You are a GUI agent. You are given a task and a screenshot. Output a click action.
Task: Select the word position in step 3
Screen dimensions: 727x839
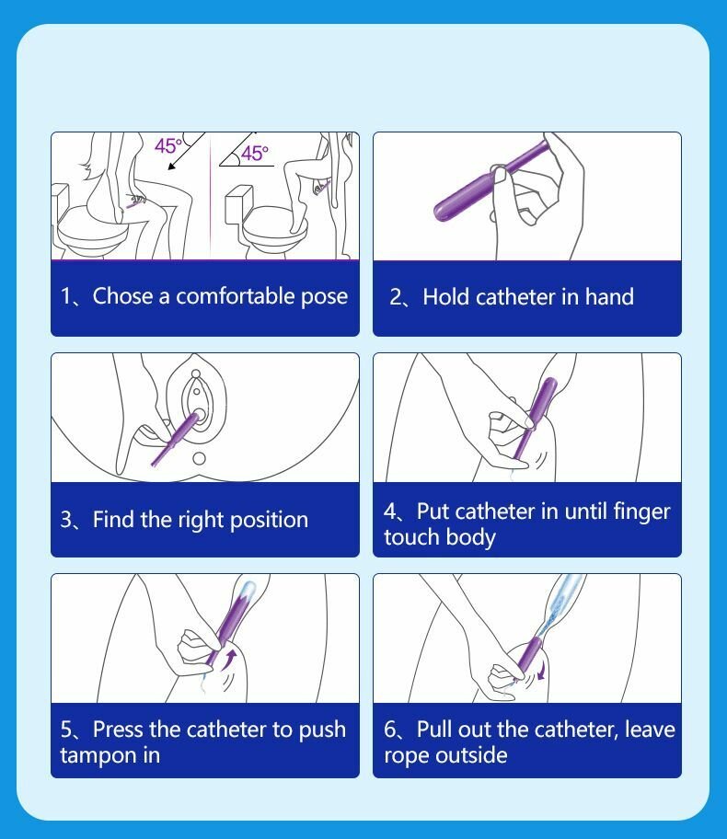click(x=269, y=520)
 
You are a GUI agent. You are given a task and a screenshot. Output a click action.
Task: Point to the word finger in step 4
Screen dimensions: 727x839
click(x=641, y=512)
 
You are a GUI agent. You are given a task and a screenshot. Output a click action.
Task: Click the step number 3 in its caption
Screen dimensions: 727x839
click(x=66, y=520)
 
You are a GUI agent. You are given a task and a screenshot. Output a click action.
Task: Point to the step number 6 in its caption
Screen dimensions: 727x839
click(x=390, y=730)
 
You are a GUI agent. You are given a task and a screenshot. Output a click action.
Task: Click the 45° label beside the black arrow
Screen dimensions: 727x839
click(x=168, y=145)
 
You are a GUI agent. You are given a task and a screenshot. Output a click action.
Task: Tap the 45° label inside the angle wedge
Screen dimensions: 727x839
click(x=254, y=154)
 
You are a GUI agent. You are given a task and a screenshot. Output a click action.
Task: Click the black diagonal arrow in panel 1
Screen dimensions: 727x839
click(x=186, y=152)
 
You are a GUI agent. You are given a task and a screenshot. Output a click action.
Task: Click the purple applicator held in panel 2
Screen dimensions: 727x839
click(x=490, y=180)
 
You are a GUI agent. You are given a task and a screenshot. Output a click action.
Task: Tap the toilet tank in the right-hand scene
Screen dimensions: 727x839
click(x=238, y=204)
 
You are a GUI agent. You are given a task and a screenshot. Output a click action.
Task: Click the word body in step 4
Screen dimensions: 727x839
click(x=470, y=538)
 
